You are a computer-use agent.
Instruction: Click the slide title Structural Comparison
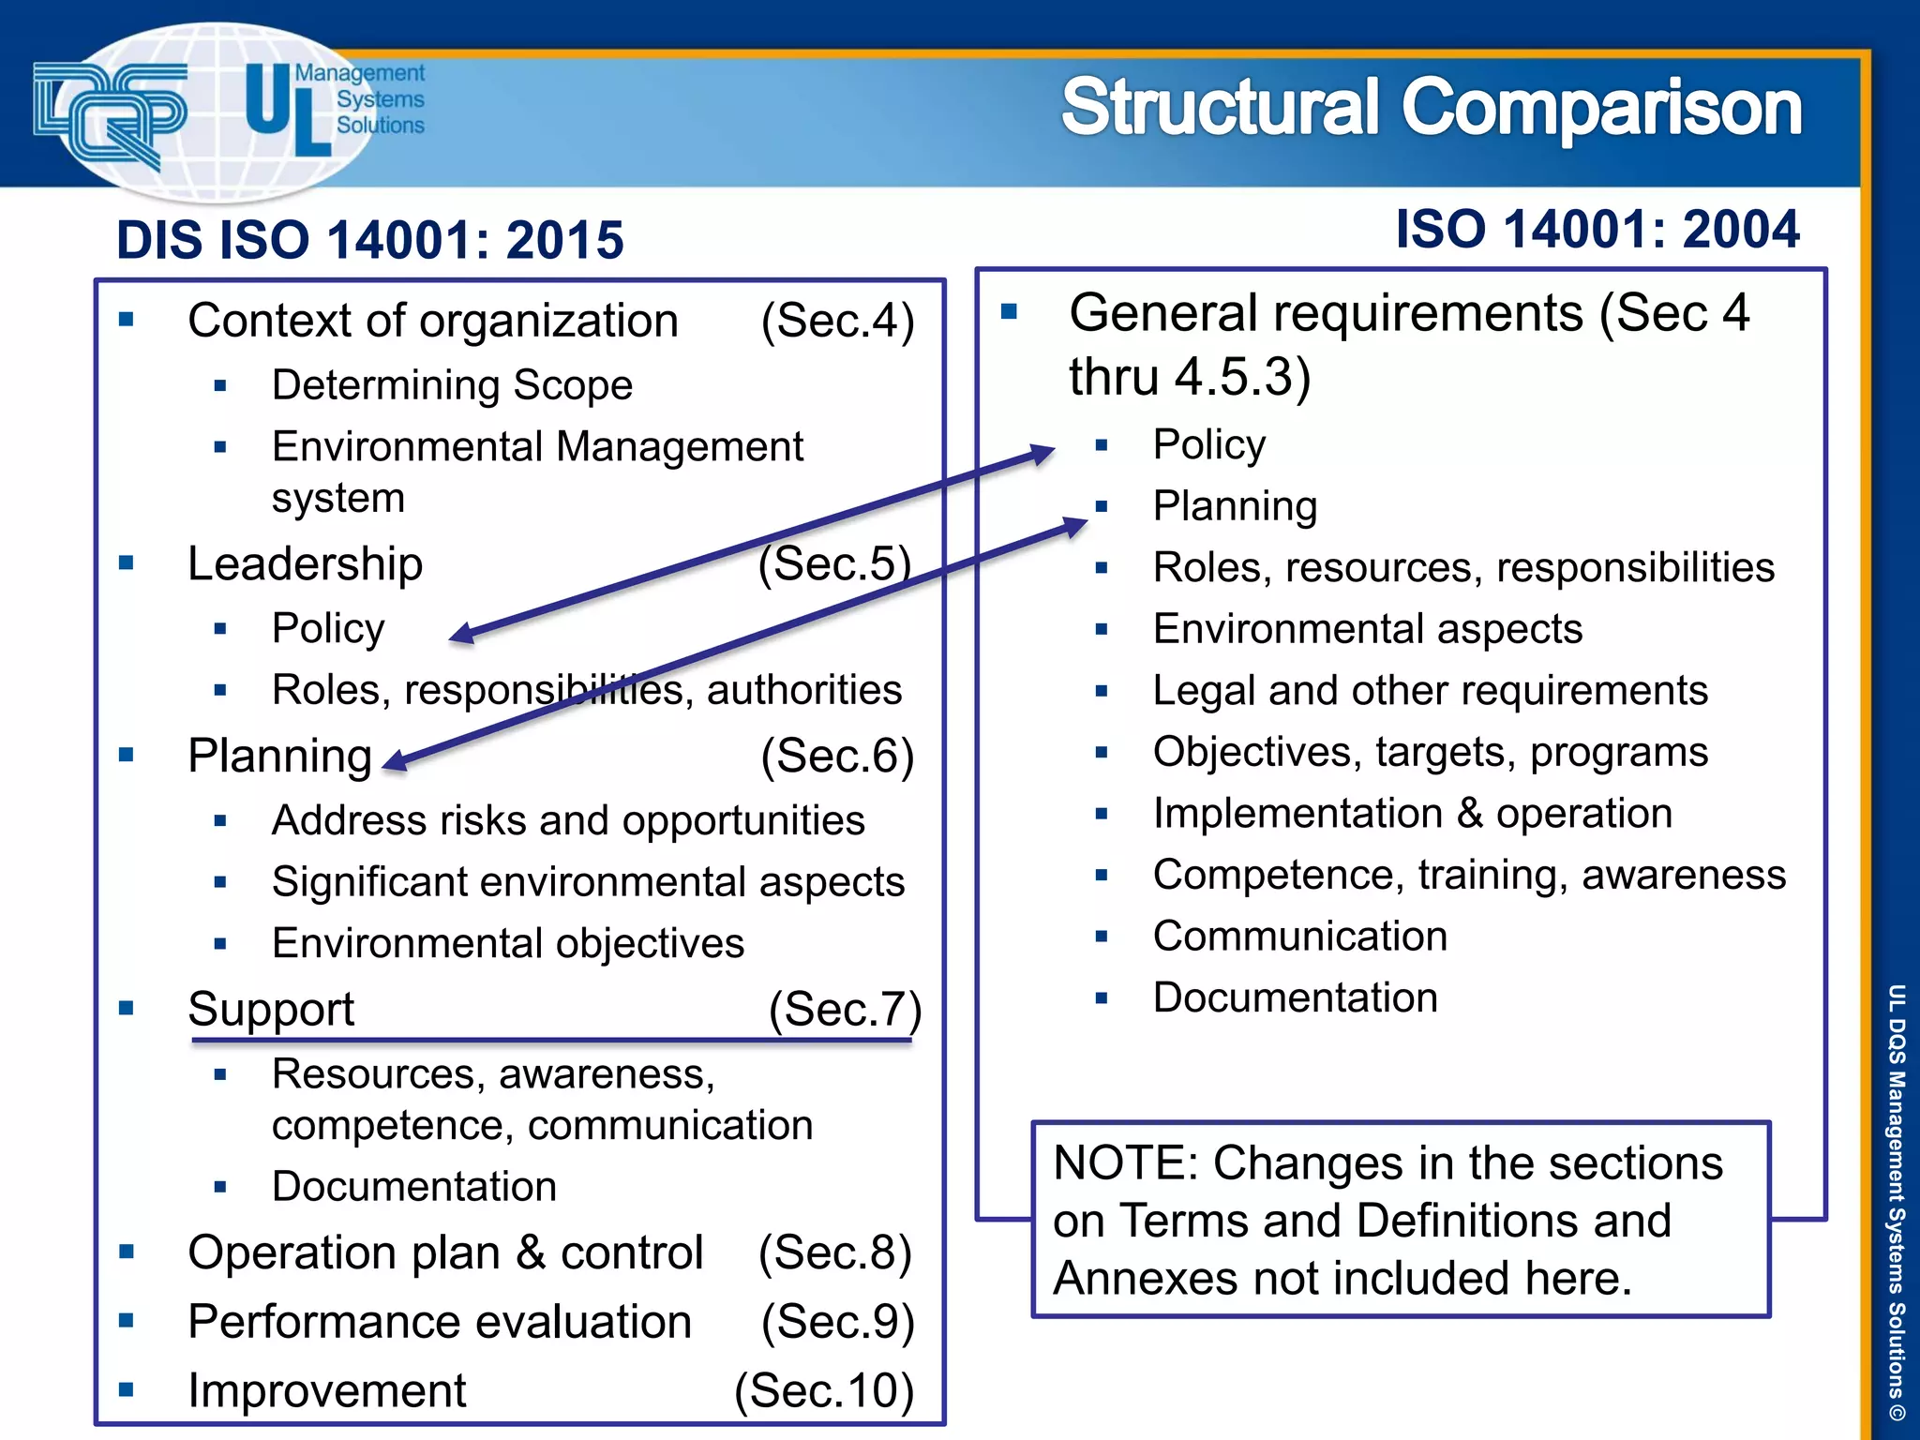(x=1431, y=108)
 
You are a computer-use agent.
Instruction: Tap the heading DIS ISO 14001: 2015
(x=369, y=240)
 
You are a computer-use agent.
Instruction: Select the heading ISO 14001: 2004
(x=1597, y=230)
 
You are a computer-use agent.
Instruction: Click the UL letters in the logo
(x=285, y=111)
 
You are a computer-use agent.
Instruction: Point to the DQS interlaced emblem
(x=110, y=112)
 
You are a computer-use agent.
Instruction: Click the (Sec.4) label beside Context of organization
(x=836, y=321)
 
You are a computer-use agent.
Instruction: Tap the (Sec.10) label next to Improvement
(x=823, y=1390)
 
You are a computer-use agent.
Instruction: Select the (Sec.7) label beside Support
(x=845, y=1010)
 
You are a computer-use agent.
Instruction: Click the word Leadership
(x=305, y=564)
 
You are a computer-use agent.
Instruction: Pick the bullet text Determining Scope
(x=452, y=385)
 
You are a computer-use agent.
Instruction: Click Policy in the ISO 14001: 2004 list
(x=1208, y=444)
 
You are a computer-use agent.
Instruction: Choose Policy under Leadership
(x=328, y=628)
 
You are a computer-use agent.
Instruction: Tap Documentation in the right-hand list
(x=1295, y=997)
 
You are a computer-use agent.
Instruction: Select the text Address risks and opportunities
(x=567, y=820)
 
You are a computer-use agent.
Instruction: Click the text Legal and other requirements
(x=1430, y=691)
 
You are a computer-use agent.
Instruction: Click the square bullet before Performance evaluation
(x=127, y=1322)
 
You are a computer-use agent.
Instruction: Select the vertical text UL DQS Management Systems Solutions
(x=1896, y=1201)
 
